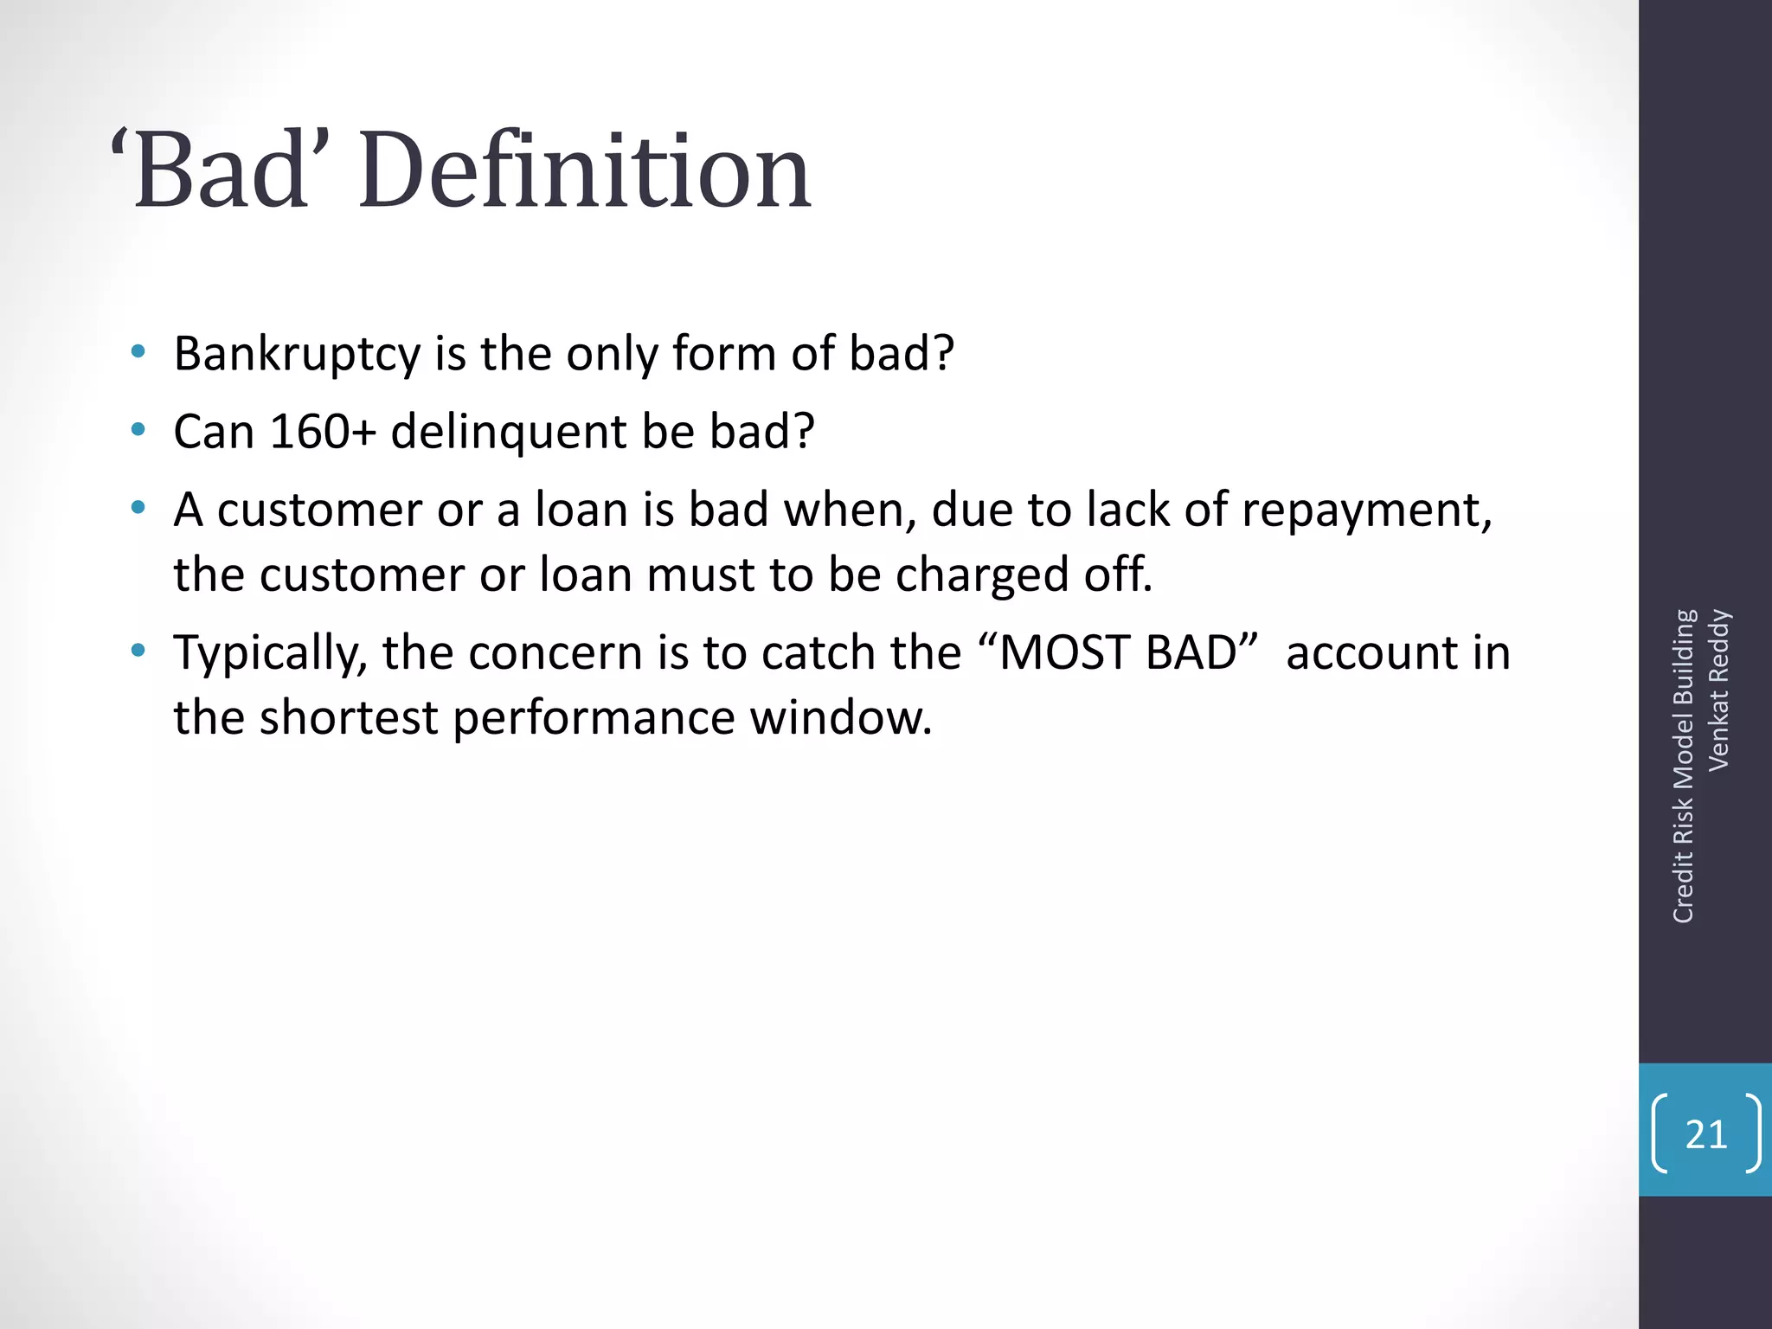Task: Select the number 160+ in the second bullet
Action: pyautogui.click(x=323, y=431)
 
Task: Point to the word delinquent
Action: pyautogui.click(x=508, y=433)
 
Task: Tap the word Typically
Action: pyautogui.click(x=270, y=654)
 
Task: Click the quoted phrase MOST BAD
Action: pyautogui.click(x=1127, y=652)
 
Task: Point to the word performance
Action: pyautogui.click(x=594, y=718)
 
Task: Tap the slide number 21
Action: pyautogui.click(x=1705, y=1134)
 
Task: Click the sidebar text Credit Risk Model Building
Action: pyautogui.click(x=1683, y=767)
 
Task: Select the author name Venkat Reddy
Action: pyautogui.click(x=1718, y=690)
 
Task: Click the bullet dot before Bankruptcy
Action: pyautogui.click(x=138, y=351)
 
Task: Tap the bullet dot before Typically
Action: pyautogui.click(x=138, y=650)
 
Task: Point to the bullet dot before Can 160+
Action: pyautogui.click(x=138, y=429)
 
